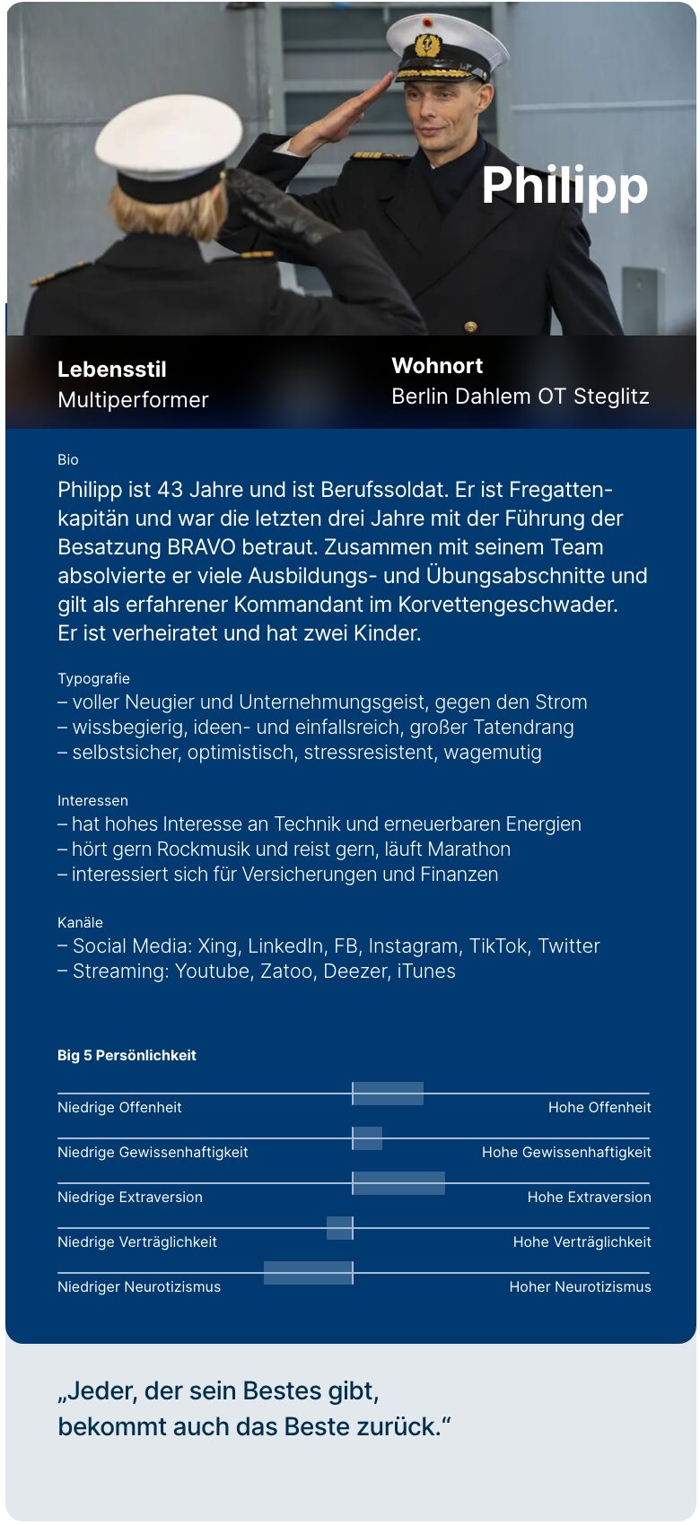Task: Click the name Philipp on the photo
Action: (564, 186)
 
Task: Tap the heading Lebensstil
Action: (112, 370)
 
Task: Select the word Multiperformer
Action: (133, 400)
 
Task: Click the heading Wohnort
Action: (437, 366)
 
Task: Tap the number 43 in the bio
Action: (170, 490)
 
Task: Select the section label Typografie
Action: (93, 679)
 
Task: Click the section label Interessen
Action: (92, 801)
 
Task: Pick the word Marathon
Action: (468, 850)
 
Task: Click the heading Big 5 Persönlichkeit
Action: (127, 1056)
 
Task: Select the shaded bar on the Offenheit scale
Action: (388, 1094)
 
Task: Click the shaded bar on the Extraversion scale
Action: (398, 1183)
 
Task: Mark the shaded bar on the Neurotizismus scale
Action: (308, 1273)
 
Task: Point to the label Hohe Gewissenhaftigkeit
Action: (566, 1153)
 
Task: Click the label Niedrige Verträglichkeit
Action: (137, 1242)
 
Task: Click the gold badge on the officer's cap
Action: (427, 45)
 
